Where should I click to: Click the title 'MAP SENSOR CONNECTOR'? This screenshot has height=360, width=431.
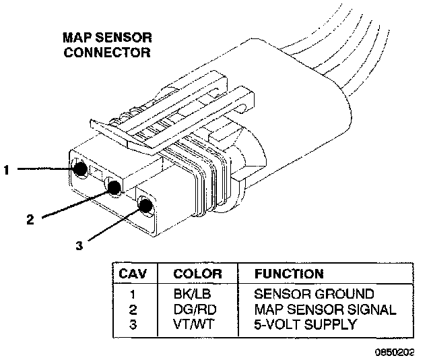click(106, 45)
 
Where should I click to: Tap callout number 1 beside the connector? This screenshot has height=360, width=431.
click(6, 171)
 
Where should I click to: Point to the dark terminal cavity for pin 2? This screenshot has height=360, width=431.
click(113, 189)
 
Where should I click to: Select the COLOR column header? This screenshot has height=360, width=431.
click(198, 274)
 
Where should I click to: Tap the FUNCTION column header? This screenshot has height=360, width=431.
click(289, 274)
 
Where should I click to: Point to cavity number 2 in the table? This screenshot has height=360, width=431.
click(133, 309)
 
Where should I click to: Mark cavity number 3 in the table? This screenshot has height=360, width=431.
click(133, 324)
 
